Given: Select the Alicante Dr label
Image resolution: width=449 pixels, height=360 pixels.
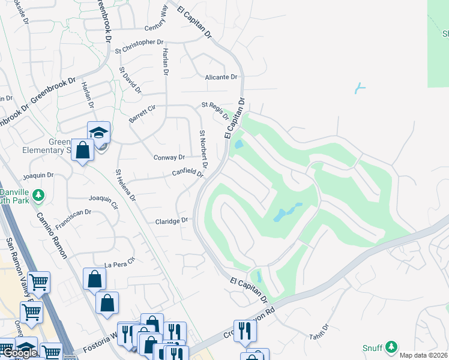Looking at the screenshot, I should click(221, 77).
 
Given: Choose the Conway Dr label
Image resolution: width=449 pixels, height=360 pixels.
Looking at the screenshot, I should click(169, 158).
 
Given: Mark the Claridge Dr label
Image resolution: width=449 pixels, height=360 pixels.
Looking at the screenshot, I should click(172, 221).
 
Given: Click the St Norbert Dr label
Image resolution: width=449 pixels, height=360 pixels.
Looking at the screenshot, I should click(203, 149).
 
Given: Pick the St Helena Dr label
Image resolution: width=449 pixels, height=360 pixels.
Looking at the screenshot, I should click(126, 185).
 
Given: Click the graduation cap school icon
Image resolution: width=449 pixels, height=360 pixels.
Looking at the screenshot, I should click(98, 133).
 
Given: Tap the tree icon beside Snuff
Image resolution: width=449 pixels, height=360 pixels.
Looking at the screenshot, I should click(391, 347).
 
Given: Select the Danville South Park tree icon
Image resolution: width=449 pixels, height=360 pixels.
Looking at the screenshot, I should click(38, 196).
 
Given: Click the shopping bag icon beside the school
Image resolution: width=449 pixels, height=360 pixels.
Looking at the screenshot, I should click(82, 150).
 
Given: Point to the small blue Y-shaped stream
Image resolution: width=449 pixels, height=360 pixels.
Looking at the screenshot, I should click(360, 88).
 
